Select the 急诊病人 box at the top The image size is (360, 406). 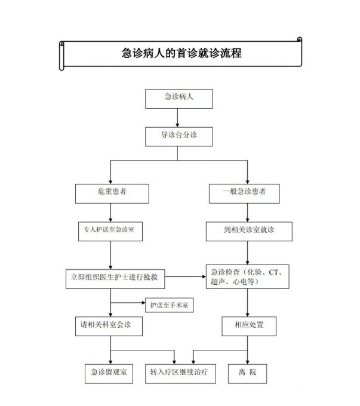point(179,99)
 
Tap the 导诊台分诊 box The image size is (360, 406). point(179,136)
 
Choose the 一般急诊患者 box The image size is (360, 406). point(244,192)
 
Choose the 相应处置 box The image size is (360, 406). point(250,326)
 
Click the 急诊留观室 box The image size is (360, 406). point(107,373)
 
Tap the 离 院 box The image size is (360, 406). point(244,373)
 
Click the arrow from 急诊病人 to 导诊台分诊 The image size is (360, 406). point(179,118)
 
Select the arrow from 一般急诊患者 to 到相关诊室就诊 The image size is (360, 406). point(244,211)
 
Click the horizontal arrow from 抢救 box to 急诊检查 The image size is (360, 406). point(184,277)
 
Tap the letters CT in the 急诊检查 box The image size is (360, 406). point(274,272)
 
